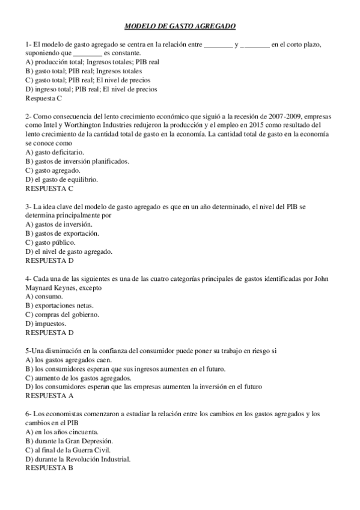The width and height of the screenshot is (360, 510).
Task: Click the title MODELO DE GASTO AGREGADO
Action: coord(180,26)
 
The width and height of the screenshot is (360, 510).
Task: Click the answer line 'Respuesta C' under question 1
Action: coord(43,97)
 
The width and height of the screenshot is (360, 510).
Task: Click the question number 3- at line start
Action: coord(28,206)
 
